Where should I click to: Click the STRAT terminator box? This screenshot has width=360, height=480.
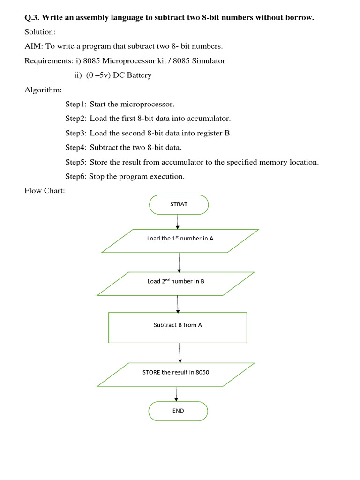coord(179,204)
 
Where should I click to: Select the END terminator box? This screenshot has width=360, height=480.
coord(178,411)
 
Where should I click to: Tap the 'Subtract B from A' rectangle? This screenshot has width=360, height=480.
coord(178,327)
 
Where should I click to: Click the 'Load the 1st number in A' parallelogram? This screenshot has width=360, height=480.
coord(180,240)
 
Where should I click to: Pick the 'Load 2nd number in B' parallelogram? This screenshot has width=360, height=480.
coord(176,284)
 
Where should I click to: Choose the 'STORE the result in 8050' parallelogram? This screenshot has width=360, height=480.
coord(176,374)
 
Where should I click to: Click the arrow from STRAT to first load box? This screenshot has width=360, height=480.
coord(177,221)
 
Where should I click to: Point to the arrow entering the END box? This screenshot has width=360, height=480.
coord(176,394)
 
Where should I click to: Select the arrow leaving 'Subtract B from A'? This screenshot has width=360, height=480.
coord(180,352)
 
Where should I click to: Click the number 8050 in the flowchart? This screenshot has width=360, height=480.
coord(202,372)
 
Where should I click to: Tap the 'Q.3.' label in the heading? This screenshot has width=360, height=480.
coord(32,18)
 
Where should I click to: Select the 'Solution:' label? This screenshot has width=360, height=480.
coord(40,32)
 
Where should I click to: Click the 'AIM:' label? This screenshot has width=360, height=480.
coord(33,46)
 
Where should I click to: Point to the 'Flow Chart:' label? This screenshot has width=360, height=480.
coord(45,190)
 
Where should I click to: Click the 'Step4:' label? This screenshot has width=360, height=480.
coord(76,148)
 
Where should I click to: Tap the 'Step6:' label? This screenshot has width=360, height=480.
coord(76,177)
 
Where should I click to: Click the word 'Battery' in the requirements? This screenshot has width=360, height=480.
coord(137,75)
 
